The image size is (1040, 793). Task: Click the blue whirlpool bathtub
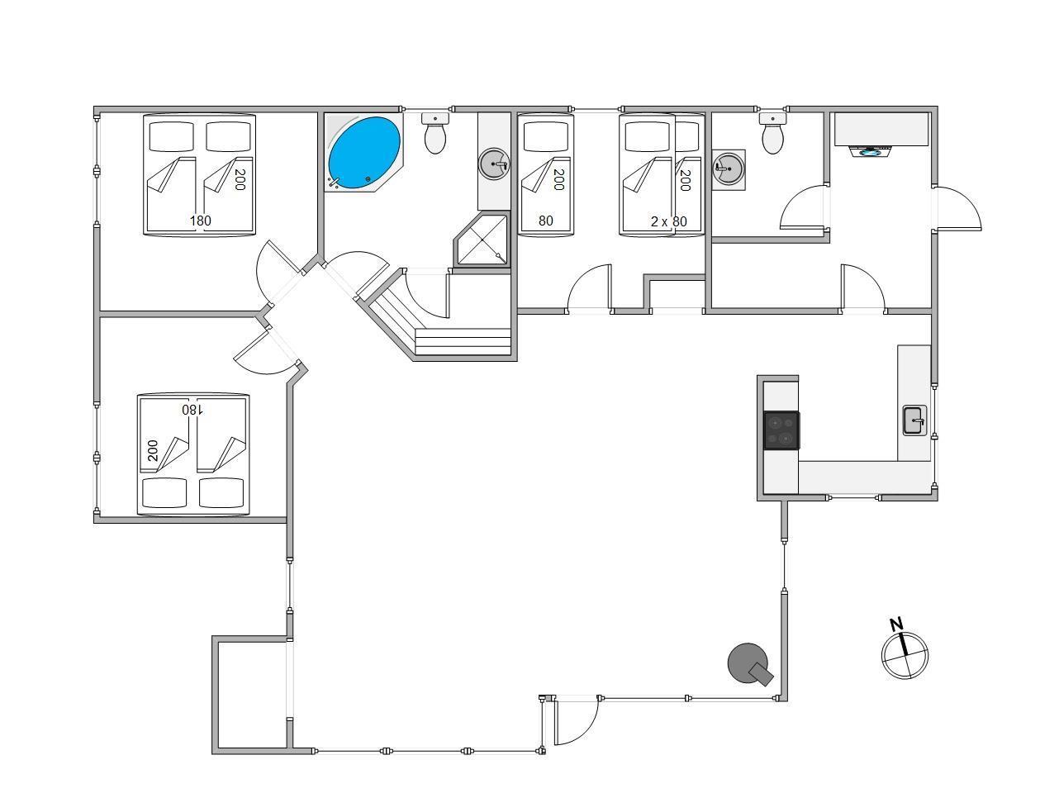pyautogui.click(x=364, y=152)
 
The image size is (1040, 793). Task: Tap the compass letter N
pyautogui.click(x=896, y=624)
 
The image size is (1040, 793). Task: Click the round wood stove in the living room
pyautogui.click(x=748, y=663)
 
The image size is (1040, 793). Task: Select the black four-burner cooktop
pyautogui.click(x=781, y=430)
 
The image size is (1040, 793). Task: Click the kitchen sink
pyautogui.click(x=914, y=420)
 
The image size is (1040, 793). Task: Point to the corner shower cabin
pyautogui.click(x=482, y=240)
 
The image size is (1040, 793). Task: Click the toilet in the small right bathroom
pyautogui.click(x=773, y=133)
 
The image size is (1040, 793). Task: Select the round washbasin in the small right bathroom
pyautogui.click(x=729, y=169)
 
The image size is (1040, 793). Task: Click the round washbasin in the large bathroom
pyautogui.click(x=494, y=164)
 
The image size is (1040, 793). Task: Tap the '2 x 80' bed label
pyautogui.click(x=668, y=221)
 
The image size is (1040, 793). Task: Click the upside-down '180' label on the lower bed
pyautogui.click(x=192, y=409)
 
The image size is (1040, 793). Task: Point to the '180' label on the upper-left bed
pyautogui.click(x=201, y=221)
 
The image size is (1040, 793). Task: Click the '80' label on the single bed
pyautogui.click(x=546, y=221)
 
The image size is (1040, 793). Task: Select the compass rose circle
pyautogui.click(x=905, y=656)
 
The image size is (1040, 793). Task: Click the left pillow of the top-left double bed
pyautogui.click(x=172, y=137)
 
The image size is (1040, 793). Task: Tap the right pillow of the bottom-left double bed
pyautogui.click(x=221, y=492)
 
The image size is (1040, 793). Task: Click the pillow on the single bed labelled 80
pyautogui.click(x=545, y=137)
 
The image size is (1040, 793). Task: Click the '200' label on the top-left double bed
pyautogui.click(x=240, y=180)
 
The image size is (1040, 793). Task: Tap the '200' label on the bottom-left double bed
pyautogui.click(x=153, y=450)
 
